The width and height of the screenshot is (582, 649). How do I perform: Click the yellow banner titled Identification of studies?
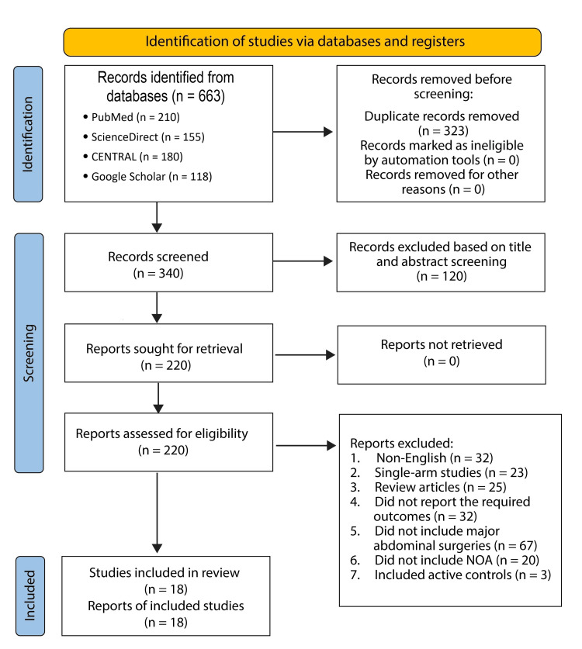coord(302,42)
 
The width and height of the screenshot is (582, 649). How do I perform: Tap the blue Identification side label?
coord(28,134)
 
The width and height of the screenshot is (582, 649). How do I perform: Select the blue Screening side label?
coord(29,353)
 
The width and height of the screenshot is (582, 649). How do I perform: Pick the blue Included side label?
coord(30,596)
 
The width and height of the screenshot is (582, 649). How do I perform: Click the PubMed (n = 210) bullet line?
coord(132,117)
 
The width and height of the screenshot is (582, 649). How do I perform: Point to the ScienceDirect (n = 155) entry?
coord(144,137)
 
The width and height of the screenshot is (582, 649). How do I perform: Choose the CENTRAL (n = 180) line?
coord(133,157)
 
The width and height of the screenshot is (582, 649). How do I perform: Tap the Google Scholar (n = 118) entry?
coord(148,176)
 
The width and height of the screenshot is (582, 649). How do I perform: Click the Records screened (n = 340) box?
coord(168,262)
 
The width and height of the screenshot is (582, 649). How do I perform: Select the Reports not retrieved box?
coord(442,354)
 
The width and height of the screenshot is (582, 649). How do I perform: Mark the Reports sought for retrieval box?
coord(168,353)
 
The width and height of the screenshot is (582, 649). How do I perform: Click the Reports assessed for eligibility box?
coord(168,442)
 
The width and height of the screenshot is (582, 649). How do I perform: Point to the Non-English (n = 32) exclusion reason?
coord(421,457)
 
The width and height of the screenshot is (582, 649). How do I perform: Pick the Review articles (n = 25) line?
coord(428,487)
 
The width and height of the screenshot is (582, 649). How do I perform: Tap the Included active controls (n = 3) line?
coord(451,575)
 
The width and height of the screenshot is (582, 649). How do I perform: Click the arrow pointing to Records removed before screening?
coord(303,132)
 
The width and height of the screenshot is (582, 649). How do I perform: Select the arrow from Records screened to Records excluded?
coord(303,261)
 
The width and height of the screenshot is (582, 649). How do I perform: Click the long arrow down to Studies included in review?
coord(157,513)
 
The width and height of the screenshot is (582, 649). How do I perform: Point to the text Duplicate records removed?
coord(442,116)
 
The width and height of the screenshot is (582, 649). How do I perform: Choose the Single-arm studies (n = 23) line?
coord(439,473)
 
